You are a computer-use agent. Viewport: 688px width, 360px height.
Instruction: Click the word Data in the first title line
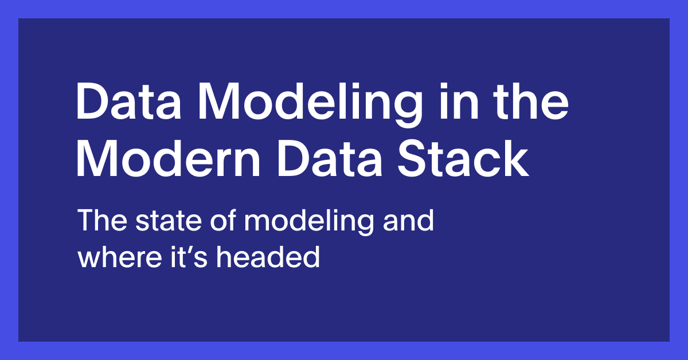128,101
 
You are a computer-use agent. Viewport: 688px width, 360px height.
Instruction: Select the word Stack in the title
463,158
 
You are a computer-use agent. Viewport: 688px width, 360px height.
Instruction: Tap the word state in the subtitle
169,221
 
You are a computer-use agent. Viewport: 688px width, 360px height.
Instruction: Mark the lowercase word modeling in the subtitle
309,222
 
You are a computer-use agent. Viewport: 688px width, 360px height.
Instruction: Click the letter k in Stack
517,158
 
